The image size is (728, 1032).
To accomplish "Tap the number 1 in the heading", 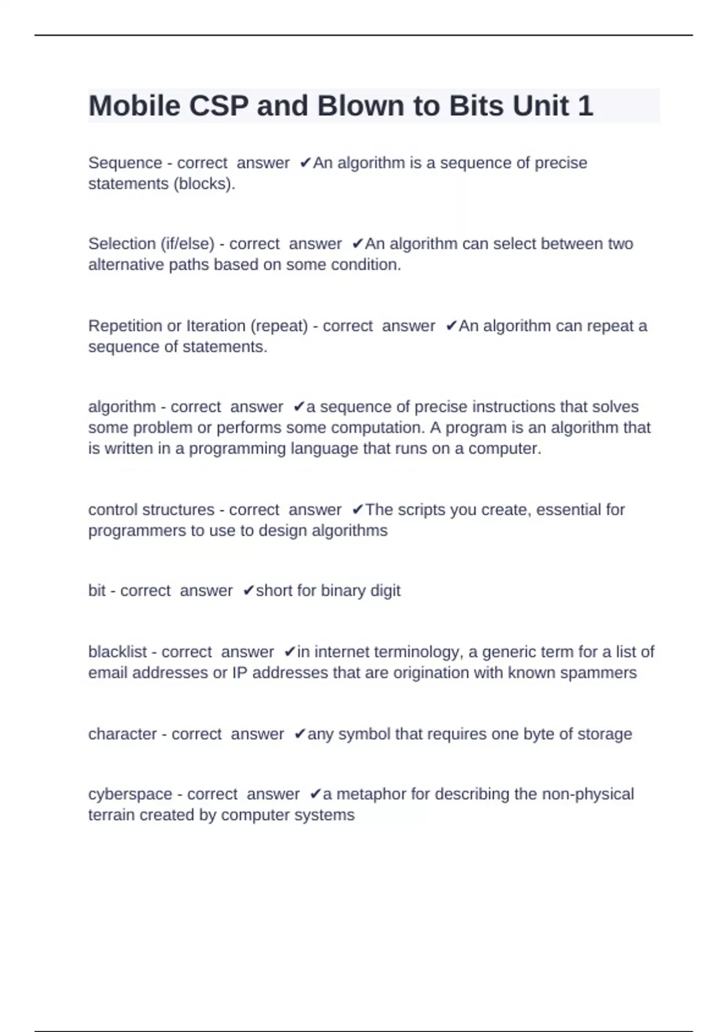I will (585, 106).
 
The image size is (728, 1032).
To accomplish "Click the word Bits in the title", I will (477, 106).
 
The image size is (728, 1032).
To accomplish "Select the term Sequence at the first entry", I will (125, 163).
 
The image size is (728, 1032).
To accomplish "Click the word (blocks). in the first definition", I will (204, 184).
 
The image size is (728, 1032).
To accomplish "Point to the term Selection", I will (122, 244).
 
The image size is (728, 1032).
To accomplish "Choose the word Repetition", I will (125, 326).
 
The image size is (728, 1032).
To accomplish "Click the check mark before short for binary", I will (248, 591).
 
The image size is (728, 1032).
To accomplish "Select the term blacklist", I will (118, 652).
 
